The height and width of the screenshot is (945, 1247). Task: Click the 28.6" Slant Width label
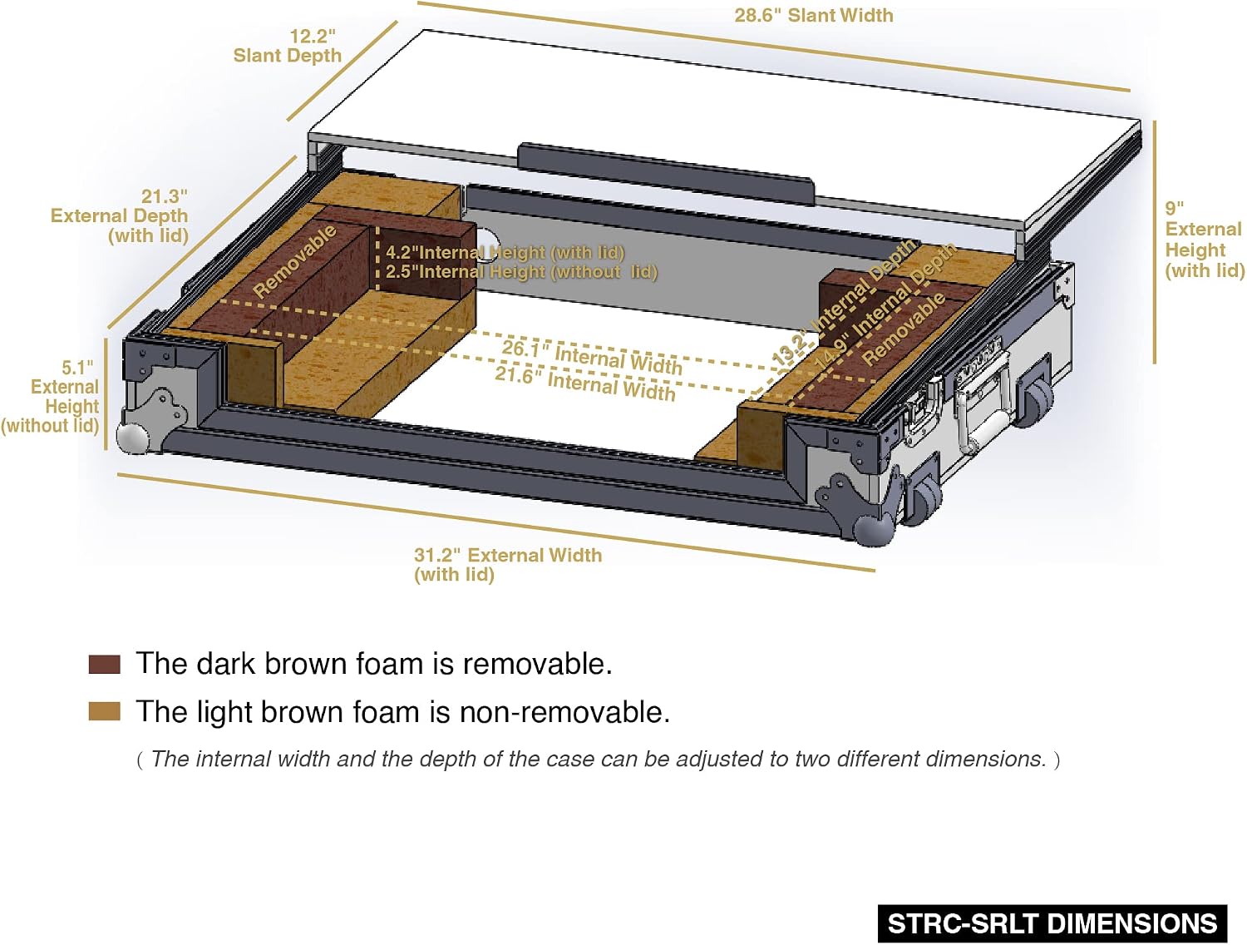814,15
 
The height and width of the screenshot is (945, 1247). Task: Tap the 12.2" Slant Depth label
288,46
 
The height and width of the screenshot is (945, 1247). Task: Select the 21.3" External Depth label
120,216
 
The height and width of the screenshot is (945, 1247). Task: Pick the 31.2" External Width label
508,564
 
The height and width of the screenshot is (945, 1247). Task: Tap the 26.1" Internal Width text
592,358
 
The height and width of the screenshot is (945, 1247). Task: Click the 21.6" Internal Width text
585,383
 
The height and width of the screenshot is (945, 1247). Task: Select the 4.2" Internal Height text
505,252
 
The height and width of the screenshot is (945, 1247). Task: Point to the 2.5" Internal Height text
521,272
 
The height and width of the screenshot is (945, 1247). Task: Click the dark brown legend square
105,665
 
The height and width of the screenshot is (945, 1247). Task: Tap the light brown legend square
105,711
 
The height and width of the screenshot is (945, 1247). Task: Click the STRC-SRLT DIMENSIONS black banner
1052,923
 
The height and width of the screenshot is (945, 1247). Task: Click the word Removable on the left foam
295,261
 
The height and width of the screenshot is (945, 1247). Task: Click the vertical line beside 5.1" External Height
106,394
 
